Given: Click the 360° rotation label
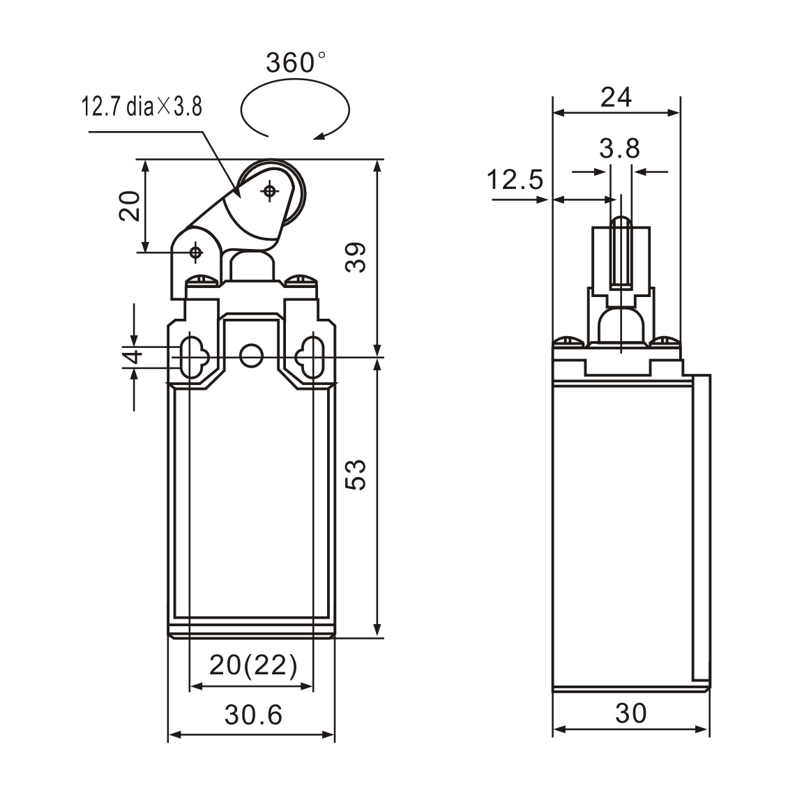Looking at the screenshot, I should click(296, 63).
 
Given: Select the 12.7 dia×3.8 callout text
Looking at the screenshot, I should click(142, 107).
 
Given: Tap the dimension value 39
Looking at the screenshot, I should click(356, 258).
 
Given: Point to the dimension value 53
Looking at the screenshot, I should click(356, 475).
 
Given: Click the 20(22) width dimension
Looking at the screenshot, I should click(253, 666).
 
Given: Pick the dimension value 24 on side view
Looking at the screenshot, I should click(616, 98).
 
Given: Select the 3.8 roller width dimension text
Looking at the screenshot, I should click(619, 149).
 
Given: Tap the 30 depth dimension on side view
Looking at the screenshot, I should click(630, 713).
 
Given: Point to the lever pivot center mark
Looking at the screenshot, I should click(196, 252).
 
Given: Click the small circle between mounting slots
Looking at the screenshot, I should click(250, 356).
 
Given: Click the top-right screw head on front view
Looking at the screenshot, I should click(302, 280).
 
